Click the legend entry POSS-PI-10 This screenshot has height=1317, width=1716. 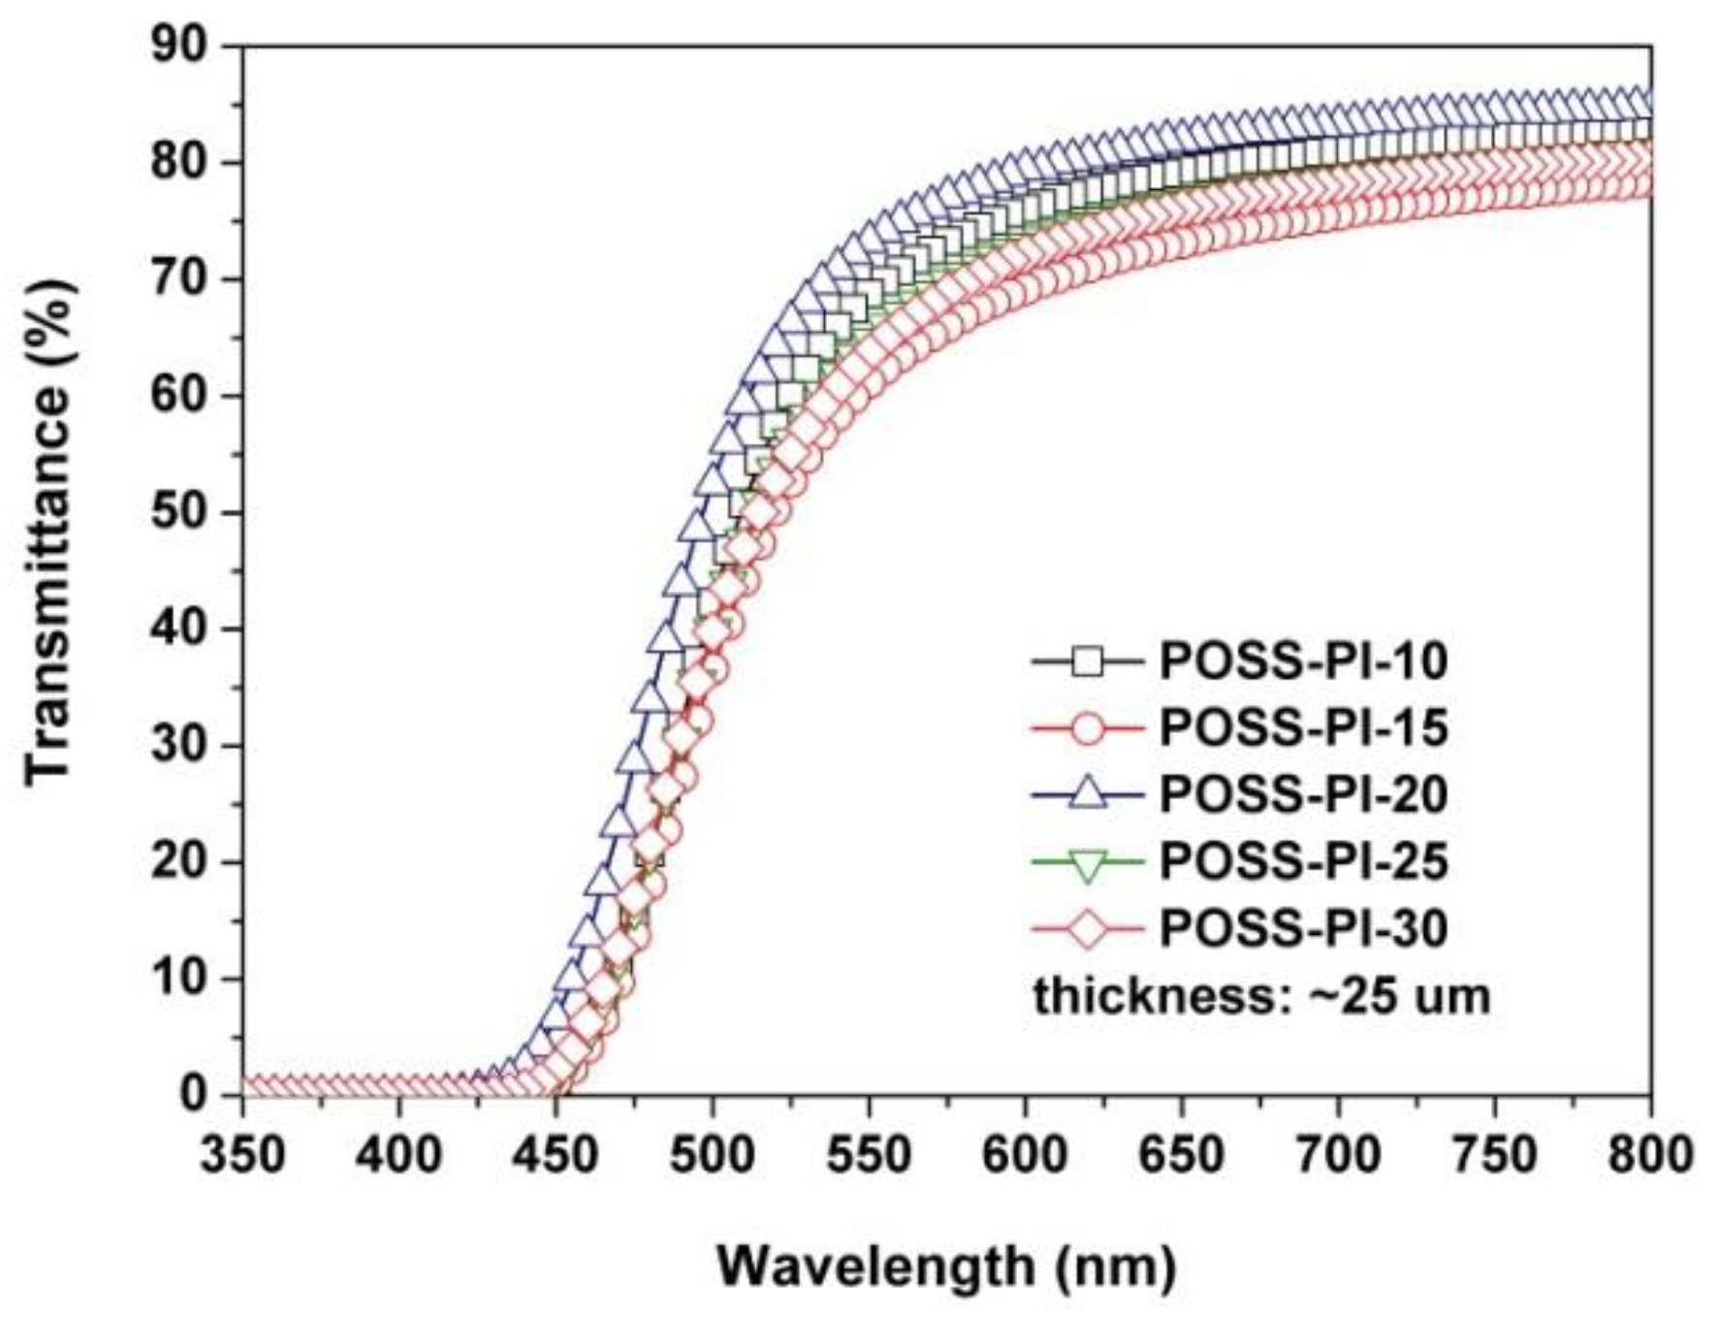(1303, 661)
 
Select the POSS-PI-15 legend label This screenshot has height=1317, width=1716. (1303, 727)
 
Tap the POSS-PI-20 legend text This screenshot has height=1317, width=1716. (1303, 794)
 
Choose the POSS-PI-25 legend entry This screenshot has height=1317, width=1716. (1303, 861)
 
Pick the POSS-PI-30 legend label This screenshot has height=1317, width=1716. (1303, 928)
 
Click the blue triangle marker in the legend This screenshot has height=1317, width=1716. (1088, 794)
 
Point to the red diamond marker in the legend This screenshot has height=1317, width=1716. (1088, 929)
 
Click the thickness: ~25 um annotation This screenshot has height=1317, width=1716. (1260, 996)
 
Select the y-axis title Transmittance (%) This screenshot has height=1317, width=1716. (48, 531)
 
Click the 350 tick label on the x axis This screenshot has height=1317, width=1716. (242, 1155)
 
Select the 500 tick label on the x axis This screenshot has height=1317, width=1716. (712, 1155)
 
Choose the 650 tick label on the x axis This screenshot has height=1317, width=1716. (1181, 1155)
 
